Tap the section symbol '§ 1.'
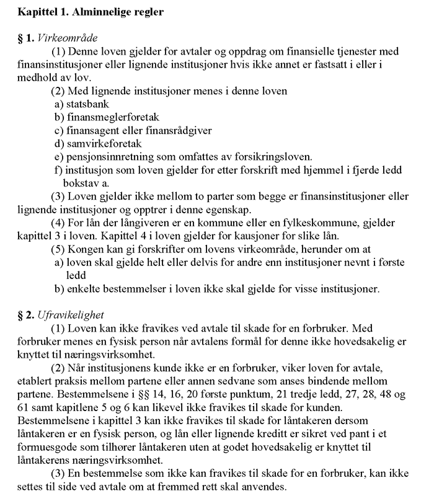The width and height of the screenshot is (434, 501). tap(25, 38)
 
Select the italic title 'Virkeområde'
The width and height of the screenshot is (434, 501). tap(67, 38)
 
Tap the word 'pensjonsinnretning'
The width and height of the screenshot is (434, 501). tap(108, 157)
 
